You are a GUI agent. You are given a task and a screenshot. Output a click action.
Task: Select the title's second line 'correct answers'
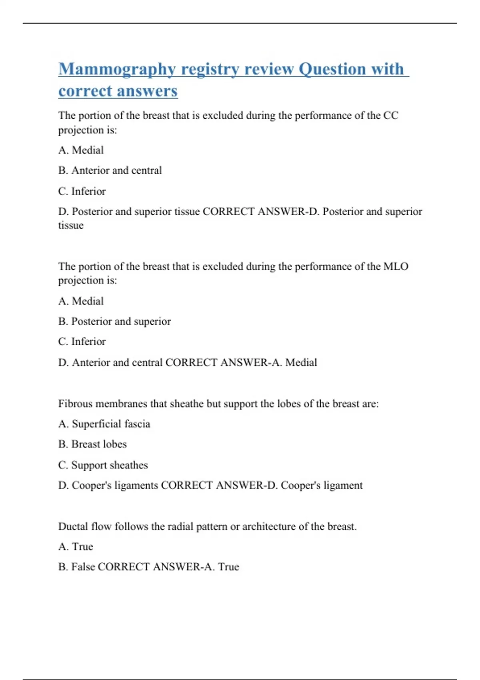point(118,91)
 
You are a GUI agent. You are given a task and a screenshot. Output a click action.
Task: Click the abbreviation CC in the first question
point(391,116)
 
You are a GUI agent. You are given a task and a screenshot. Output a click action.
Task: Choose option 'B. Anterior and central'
point(110,170)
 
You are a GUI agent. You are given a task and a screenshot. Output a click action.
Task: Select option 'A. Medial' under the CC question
point(81,150)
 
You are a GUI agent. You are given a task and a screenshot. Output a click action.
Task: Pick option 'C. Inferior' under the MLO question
point(82,342)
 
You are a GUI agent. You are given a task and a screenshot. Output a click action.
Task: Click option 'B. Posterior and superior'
point(114,321)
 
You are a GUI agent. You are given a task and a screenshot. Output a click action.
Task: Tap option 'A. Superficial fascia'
point(104,424)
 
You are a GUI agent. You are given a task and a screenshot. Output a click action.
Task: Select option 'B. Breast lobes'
point(92,444)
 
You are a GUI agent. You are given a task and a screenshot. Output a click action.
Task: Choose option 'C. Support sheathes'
point(103,465)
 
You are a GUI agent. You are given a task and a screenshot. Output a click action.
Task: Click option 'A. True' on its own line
point(76,546)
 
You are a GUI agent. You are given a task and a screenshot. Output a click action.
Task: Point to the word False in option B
point(83,567)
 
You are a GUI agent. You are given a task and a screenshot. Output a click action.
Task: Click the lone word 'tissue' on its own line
point(71,225)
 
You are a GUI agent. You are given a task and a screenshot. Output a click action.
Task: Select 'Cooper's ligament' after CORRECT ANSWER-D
point(322,485)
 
